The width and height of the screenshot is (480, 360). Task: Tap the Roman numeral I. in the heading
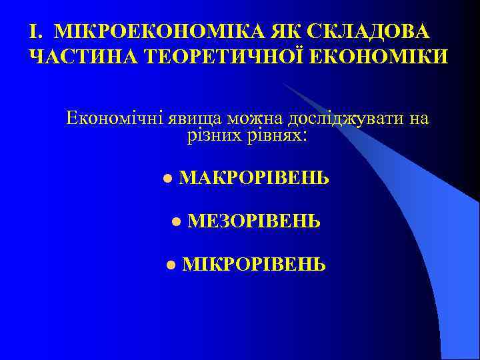[x=37, y=32]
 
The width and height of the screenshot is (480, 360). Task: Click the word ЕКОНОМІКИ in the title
[x=373, y=57]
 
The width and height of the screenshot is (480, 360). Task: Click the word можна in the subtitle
[x=255, y=119]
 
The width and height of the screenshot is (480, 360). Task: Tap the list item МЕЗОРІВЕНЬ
[x=254, y=221]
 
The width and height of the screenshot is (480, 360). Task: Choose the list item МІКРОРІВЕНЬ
[x=254, y=265]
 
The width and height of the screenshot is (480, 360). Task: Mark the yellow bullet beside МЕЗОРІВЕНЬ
[x=176, y=221]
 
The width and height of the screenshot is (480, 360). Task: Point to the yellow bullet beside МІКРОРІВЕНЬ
[x=171, y=265]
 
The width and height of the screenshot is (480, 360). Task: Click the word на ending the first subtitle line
[x=419, y=119]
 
